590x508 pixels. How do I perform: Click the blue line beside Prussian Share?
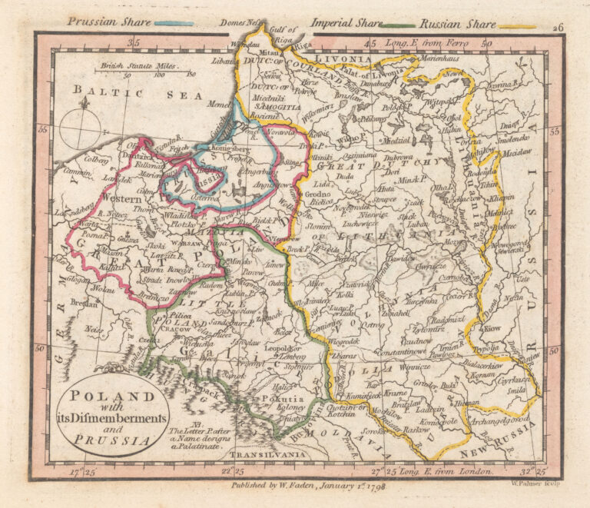174,23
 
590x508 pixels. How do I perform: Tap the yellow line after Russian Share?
517,26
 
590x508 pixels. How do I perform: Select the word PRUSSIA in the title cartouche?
103,440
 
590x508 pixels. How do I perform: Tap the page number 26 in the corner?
558,27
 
